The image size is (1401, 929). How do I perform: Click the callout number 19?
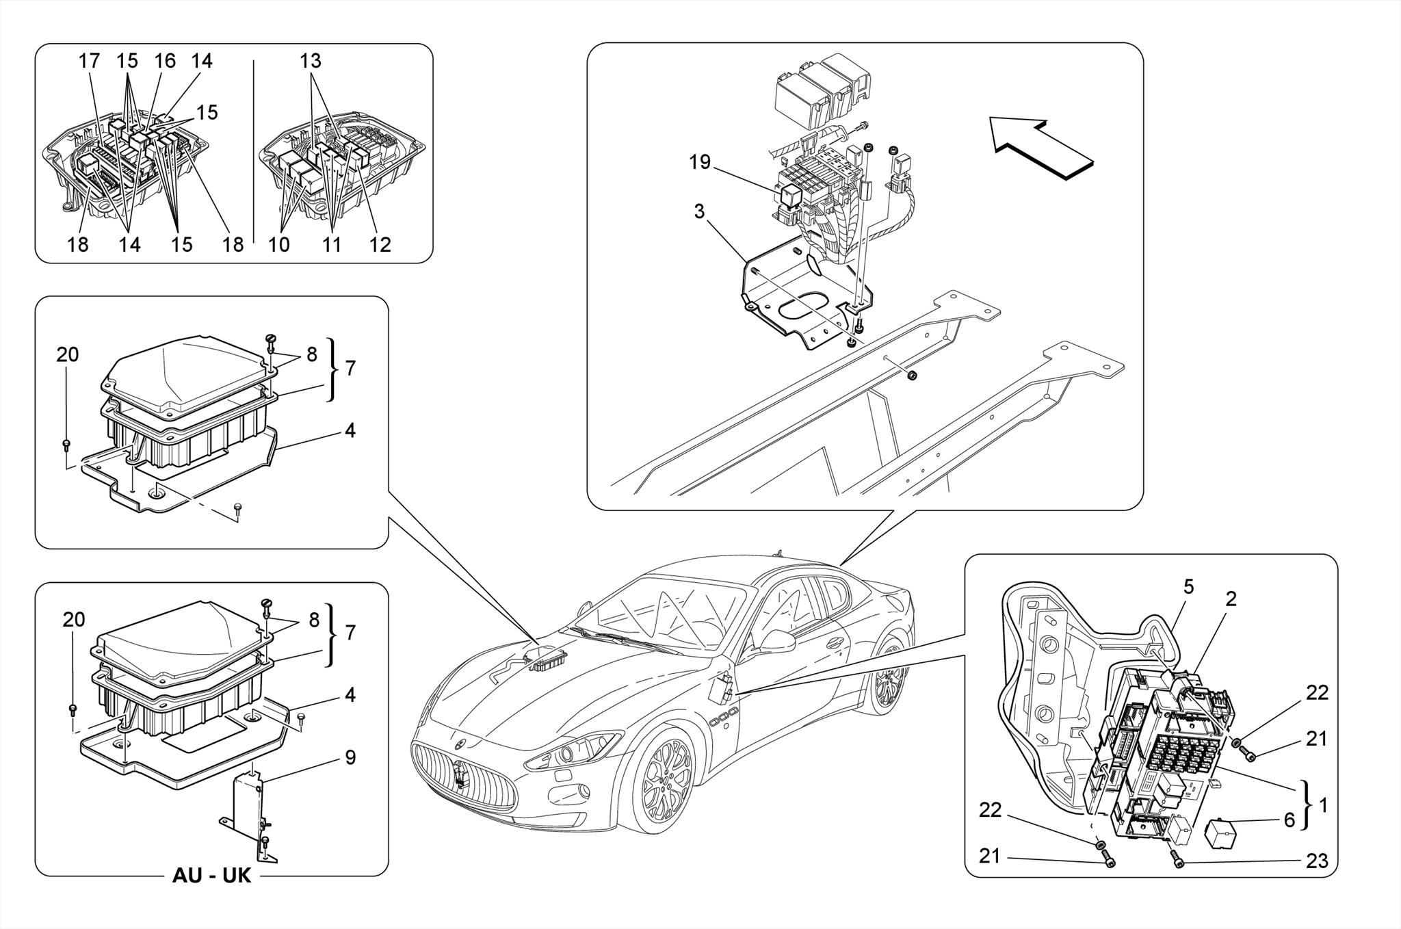(700, 162)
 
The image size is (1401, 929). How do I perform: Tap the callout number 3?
(698, 211)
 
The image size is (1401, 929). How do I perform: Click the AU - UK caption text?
(211, 876)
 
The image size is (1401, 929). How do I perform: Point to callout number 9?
(350, 757)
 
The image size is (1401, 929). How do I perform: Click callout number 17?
(89, 61)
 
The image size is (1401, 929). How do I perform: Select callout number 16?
(165, 61)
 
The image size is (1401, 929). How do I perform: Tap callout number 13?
(310, 61)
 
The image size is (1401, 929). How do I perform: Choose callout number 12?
(380, 244)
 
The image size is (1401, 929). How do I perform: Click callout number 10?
(279, 244)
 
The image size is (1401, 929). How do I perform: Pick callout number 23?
(1316, 861)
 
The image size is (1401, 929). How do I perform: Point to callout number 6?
(1289, 820)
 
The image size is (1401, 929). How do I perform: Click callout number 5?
(1188, 586)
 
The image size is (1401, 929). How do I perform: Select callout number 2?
(1231, 599)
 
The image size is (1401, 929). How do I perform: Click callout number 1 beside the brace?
(1322, 805)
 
